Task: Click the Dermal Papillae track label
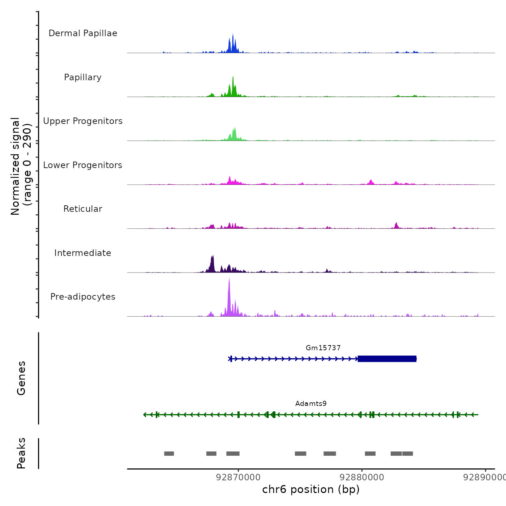pyautogui.click(x=83, y=33)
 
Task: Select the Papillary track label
pyautogui.click(x=83, y=77)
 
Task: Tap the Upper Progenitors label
pyautogui.click(x=83, y=121)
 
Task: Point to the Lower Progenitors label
pyautogui.click(x=83, y=165)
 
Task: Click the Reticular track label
pyautogui.click(x=83, y=209)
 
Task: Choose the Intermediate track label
pyautogui.click(x=83, y=253)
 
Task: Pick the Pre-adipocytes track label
pyautogui.click(x=83, y=297)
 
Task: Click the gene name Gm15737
pyautogui.click(x=323, y=348)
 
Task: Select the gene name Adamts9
pyautogui.click(x=311, y=404)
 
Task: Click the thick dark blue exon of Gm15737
pyautogui.click(x=387, y=359)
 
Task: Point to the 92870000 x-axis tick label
pyautogui.click(x=238, y=477)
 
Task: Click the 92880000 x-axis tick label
pyautogui.click(x=362, y=477)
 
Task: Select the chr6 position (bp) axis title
pyautogui.click(x=311, y=489)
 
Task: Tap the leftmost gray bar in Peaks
pyautogui.click(x=169, y=454)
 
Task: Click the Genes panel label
pyautogui.click(x=21, y=378)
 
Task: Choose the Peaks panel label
pyautogui.click(x=21, y=453)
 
